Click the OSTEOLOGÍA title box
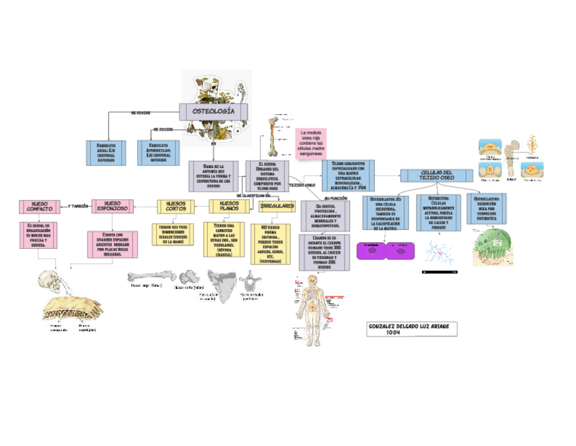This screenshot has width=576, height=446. (213, 111)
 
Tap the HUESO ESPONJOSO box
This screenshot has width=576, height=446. (113, 205)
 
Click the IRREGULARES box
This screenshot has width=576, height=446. (277, 205)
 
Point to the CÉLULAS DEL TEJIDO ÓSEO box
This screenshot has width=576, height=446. (437, 175)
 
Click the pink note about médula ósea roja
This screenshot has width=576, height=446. (310, 144)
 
